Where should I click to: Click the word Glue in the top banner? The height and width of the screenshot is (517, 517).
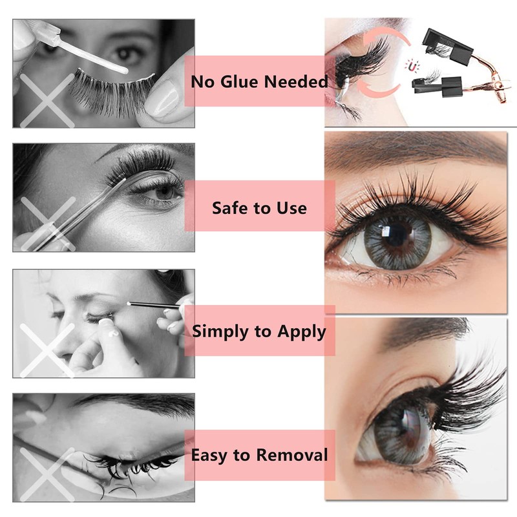point(240,81)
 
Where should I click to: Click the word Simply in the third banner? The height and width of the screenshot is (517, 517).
point(221,332)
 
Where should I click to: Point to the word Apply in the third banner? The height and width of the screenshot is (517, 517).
point(301,332)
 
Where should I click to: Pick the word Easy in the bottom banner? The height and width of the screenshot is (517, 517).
point(210,456)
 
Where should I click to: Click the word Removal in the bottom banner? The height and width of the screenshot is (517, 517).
point(292,456)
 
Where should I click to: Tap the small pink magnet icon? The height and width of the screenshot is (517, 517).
point(412,67)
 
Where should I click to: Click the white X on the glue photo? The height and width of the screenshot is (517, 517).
point(47,101)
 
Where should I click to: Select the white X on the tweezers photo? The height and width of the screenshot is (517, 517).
point(48,224)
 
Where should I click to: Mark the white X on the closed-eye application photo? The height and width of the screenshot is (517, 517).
point(47,350)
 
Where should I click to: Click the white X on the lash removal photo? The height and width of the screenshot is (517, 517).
point(47,474)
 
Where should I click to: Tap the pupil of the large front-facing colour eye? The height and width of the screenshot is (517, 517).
point(396,234)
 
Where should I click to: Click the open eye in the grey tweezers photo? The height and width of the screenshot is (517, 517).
point(164,193)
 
